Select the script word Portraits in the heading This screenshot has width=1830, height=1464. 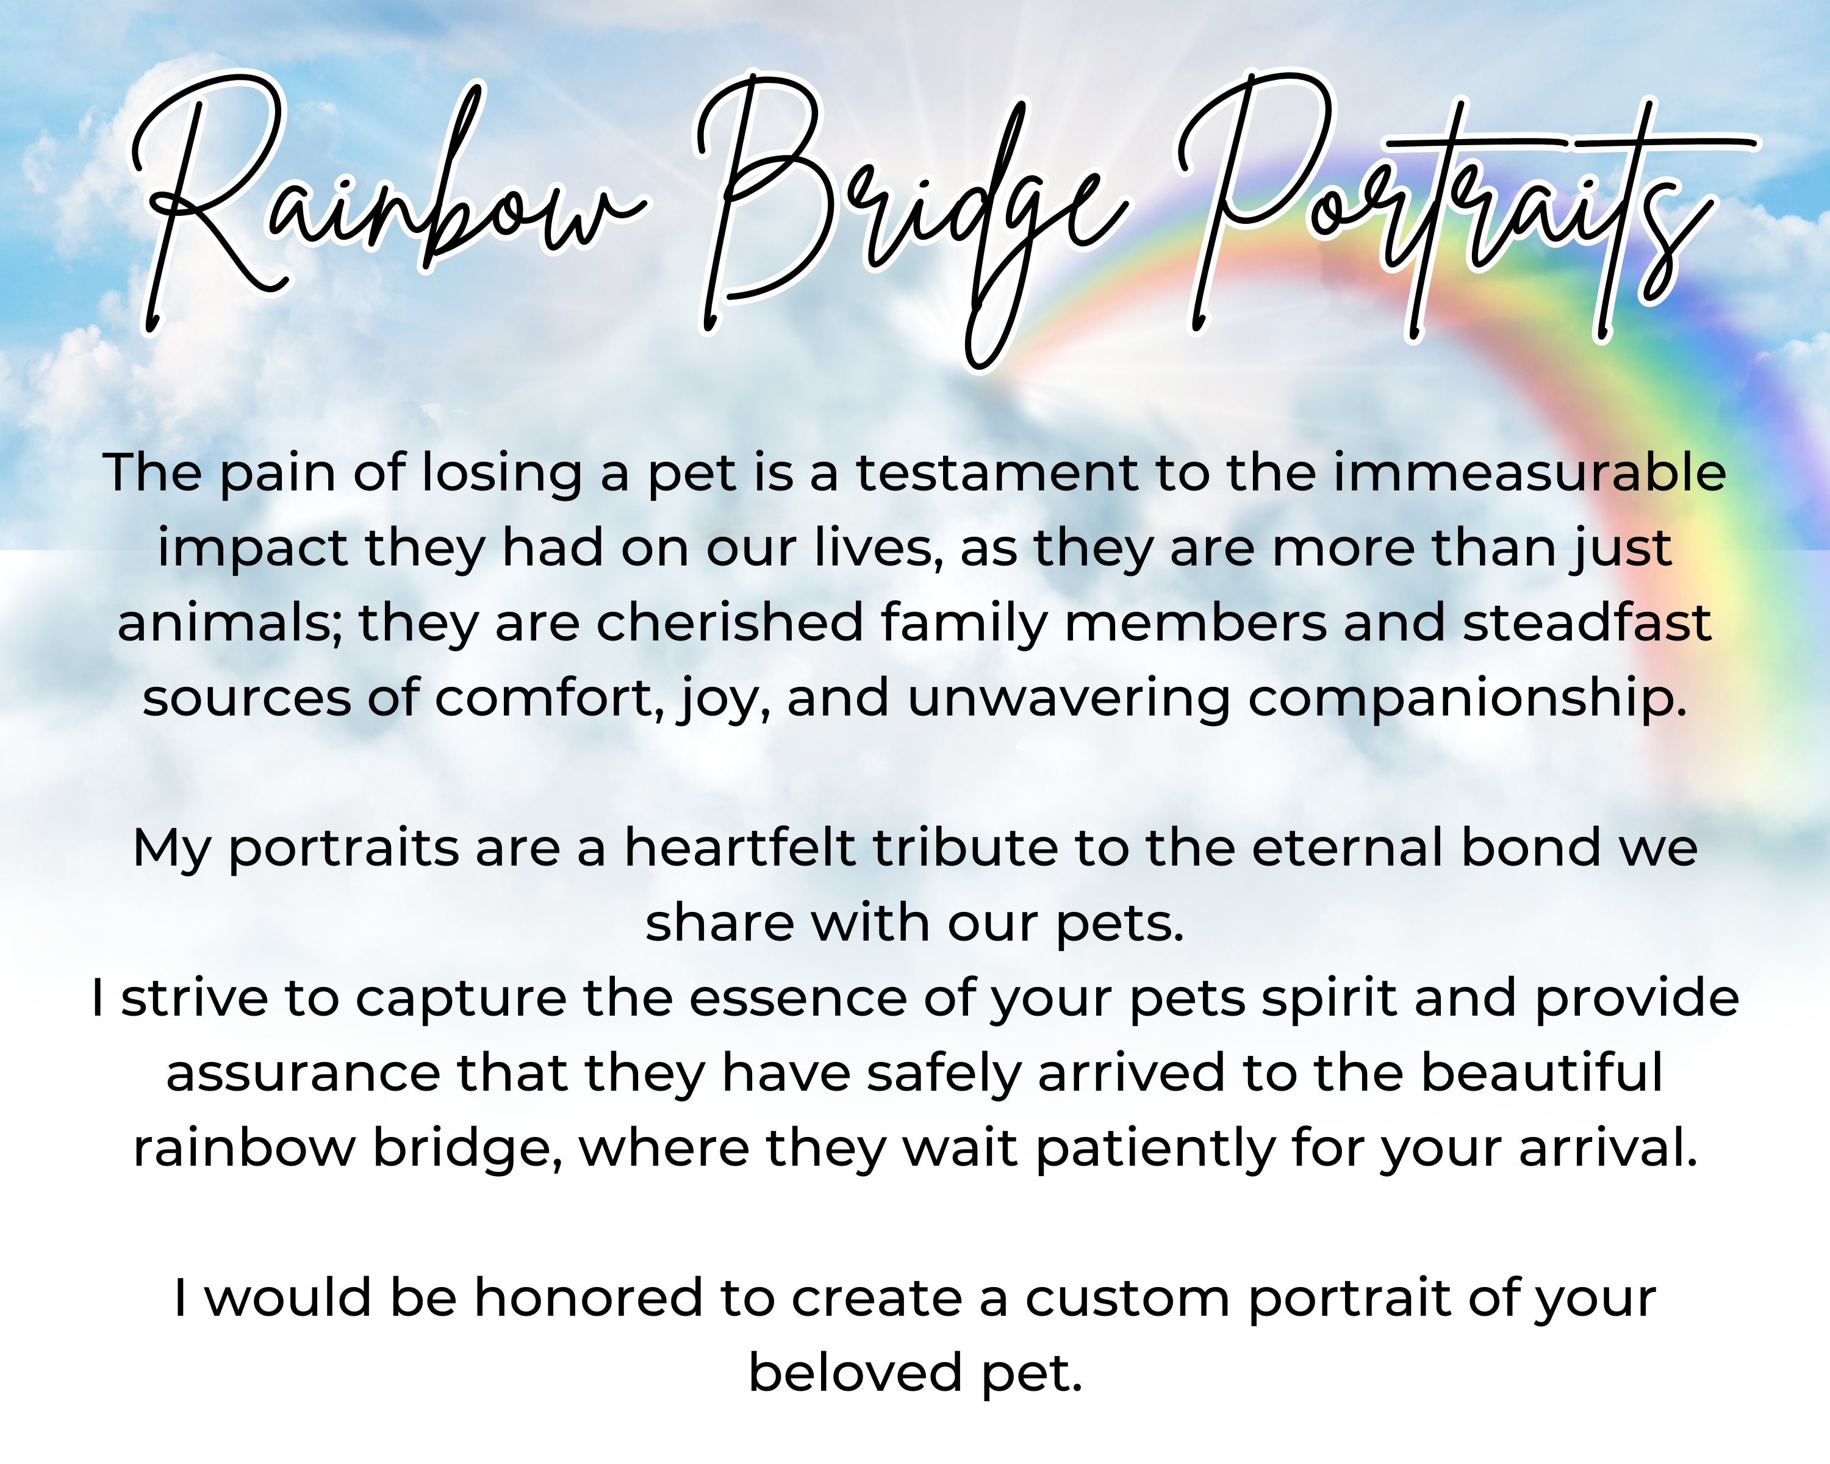pyautogui.click(x=1443, y=204)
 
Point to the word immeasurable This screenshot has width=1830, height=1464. pyautogui.click(x=1529, y=473)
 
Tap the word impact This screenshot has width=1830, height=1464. pyautogui.click(x=252, y=549)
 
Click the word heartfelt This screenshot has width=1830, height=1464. pyautogui.click(x=739, y=848)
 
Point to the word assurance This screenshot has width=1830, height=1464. pyautogui.click(x=302, y=1073)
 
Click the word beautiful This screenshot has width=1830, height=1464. pyautogui.click(x=1541, y=1073)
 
